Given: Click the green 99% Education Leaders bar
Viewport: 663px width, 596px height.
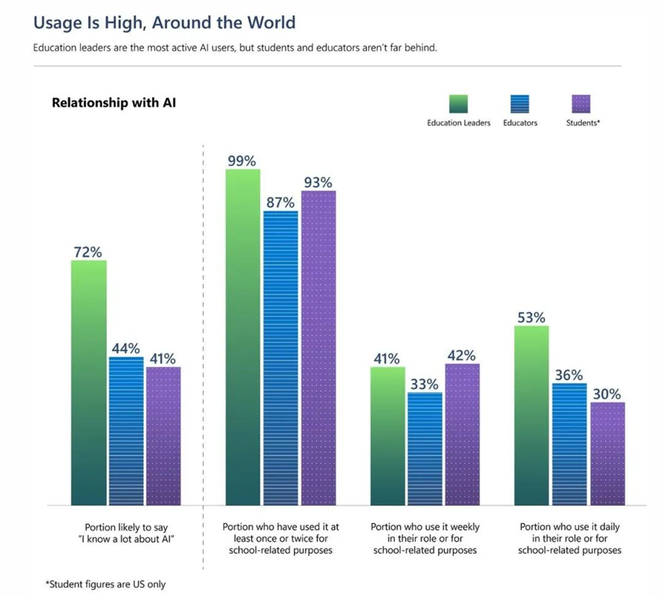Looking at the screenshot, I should (242, 337).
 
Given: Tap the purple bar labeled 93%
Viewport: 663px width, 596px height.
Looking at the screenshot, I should (318, 348).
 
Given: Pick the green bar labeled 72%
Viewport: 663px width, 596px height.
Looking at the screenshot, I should (89, 383).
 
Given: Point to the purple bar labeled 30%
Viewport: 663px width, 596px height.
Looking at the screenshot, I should (607, 454).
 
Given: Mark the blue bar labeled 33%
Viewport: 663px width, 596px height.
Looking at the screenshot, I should (425, 449).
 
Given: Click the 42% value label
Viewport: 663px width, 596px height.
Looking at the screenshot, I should (462, 355).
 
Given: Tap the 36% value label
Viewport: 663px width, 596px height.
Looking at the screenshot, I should (569, 375).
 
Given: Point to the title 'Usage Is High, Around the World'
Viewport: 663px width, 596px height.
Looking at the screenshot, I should (164, 24).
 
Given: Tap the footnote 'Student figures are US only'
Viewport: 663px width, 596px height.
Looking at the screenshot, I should (105, 585).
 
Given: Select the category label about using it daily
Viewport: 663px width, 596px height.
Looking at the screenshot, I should (570, 539).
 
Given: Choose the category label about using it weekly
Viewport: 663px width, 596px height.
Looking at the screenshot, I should (424, 539).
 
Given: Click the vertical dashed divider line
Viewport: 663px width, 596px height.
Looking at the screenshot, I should (203, 345).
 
